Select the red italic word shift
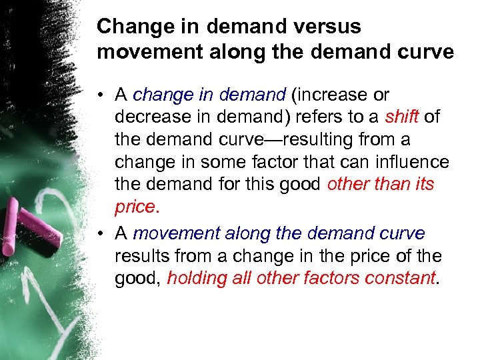pos(402,117)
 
